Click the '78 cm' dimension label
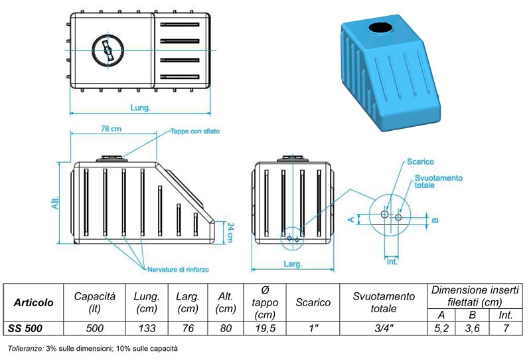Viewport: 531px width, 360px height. pyautogui.click(x=110, y=128)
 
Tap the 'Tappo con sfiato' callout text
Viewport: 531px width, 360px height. pyautogui.click(x=194, y=132)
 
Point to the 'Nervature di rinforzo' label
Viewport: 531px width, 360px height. pyautogui.click(x=177, y=268)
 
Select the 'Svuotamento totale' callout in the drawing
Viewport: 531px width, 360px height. pyautogui.click(x=438, y=181)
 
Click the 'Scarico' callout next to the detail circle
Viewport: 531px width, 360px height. pyautogui.click(x=420, y=162)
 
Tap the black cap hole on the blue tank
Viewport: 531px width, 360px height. pyautogui.click(x=380, y=28)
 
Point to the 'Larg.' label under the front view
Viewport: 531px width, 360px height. pyautogui.click(x=293, y=264)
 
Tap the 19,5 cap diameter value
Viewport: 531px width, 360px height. pyautogui.click(x=264, y=328)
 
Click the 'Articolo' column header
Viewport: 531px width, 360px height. pyautogui.click(x=33, y=303)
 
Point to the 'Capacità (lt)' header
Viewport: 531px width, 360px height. pyautogui.click(x=94, y=303)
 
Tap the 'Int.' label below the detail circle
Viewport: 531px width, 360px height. pyautogui.click(x=392, y=262)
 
